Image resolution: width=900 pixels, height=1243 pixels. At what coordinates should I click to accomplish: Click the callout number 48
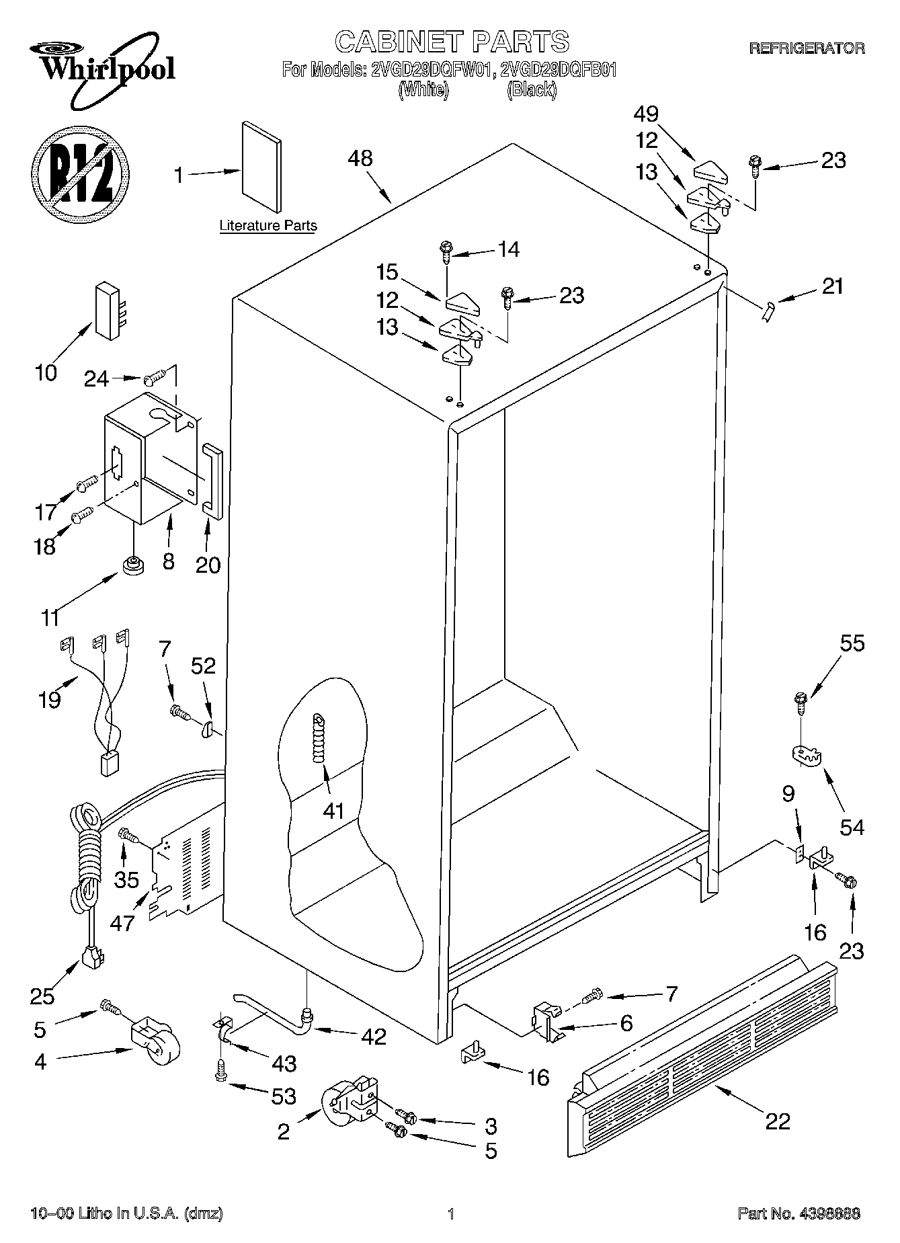pyautogui.click(x=360, y=159)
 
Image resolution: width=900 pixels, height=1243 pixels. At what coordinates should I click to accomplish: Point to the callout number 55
pyautogui.click(x=852, y=643)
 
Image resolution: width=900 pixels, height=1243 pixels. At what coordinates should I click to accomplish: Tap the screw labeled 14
pyautogui.click(x=446, y=251)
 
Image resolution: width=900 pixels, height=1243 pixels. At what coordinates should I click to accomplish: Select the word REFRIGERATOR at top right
pyautogui.click(x=807, y=48)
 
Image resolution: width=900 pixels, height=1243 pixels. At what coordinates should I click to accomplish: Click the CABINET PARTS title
pyautogui.click(x=452, y=42)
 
